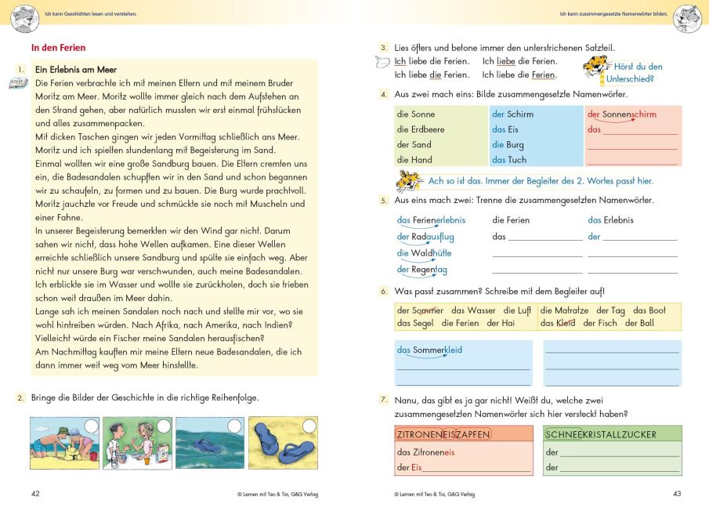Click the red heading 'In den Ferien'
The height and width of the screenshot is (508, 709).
pos(58,48)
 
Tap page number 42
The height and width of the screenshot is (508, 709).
pos(35,494)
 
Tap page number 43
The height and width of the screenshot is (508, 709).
pos(677,494)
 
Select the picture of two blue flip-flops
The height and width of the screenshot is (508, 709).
pos(283,444)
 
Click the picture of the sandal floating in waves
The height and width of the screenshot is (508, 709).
pos(210,444)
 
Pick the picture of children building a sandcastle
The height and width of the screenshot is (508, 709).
pos(64,444)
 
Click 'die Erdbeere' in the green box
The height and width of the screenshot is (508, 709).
pos(421,129)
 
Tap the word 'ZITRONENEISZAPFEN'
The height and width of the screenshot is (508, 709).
pos(444,434)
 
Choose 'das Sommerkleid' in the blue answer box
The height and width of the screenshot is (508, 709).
pos(429,350)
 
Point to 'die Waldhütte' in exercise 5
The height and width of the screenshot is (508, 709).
pos(424,253)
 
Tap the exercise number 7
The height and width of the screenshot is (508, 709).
pos(384,401)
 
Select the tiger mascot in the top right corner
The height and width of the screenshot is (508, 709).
pos(687,16)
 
